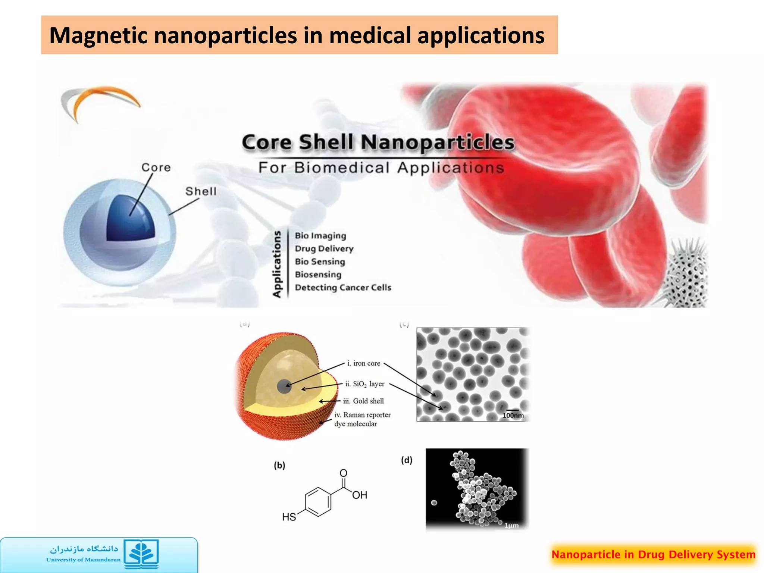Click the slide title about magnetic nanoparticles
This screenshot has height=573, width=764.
(297, 35)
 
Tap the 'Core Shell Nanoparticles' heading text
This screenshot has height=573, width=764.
(378, 143)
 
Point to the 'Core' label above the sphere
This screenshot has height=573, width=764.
(156, 167)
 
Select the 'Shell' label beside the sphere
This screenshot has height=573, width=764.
(201, 191)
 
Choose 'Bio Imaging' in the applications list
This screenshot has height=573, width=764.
(320, 236)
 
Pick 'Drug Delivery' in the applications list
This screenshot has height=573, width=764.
(324, 248)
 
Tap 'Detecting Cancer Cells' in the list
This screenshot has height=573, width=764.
(343, 288)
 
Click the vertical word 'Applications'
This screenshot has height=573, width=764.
(277, 264)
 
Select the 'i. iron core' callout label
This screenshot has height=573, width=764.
(364, 363)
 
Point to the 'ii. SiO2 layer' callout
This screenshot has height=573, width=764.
(364, 384)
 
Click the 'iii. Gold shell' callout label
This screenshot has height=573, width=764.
(363, 401)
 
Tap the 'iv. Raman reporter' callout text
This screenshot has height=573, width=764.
(362, 415)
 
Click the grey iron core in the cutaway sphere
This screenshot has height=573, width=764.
(284, 386)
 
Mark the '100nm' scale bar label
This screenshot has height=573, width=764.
(513, 415)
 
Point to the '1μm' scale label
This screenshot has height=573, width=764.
(511, 526)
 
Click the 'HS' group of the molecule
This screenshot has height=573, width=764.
(289, 517)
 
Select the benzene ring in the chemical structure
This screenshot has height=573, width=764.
(318, 502)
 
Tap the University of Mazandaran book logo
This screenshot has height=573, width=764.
(141, 554)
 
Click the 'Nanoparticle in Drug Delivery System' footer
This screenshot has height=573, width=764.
(653, 554)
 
